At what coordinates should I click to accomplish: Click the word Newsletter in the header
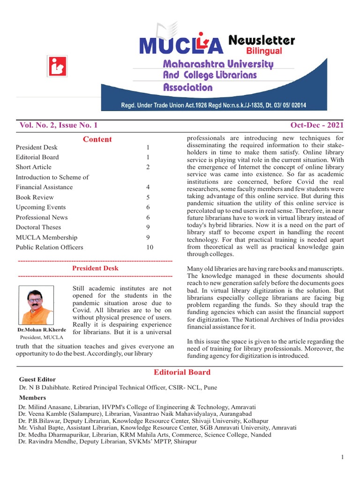(262, 41)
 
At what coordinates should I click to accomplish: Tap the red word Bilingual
(264, 51)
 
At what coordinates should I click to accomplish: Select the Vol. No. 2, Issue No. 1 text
(59, 125)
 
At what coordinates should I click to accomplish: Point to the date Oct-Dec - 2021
(317, 125)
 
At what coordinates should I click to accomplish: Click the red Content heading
(97, 139)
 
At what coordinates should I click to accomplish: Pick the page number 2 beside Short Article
(148, 167)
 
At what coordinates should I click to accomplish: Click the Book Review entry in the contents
(35, 197)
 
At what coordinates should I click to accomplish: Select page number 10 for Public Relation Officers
(150, 247)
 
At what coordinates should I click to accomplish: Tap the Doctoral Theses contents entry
(38, 227)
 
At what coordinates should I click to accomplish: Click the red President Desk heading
(95, 268)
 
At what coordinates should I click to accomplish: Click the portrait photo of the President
(36, 306)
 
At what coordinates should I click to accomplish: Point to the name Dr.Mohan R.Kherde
(41, 330)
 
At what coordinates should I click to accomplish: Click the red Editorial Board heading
(182, 372)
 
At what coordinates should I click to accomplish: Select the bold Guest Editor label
(37, 380)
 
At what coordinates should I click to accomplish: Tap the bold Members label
(32, 397)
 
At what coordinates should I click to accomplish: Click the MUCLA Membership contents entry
(46, 237)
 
